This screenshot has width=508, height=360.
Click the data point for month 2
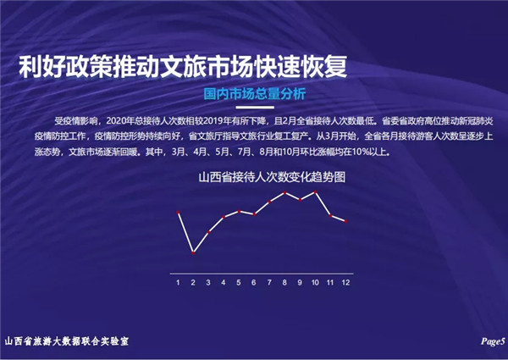tap(193, 252)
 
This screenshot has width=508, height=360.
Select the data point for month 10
tap(315, 192)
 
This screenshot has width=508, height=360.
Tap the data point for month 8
tap(284, 193)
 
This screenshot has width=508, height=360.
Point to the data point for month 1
tap(178, 213)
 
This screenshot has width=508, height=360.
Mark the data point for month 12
tap(345, 221)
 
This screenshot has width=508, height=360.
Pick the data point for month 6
tap(254, 214)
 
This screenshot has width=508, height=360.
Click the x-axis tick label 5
tap(239, 283)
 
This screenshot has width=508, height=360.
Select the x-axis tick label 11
tap(330, 283)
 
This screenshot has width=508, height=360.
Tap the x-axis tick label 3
tap(208, 283)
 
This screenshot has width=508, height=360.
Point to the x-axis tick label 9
tap(300, 283)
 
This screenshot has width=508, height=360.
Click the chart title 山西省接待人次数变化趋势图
tap(272, 177)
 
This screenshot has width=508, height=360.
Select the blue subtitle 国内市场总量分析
tap(255, 94)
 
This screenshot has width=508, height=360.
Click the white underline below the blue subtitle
tap(255, 107)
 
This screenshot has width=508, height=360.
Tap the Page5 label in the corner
tap(493, 341)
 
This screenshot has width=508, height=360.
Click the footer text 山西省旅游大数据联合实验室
tap(67, 341)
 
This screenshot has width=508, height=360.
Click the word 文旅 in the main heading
tap(184, 67)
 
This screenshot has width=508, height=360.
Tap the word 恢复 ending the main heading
tap(324, 67)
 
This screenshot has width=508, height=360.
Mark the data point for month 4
tap(224, 217)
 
